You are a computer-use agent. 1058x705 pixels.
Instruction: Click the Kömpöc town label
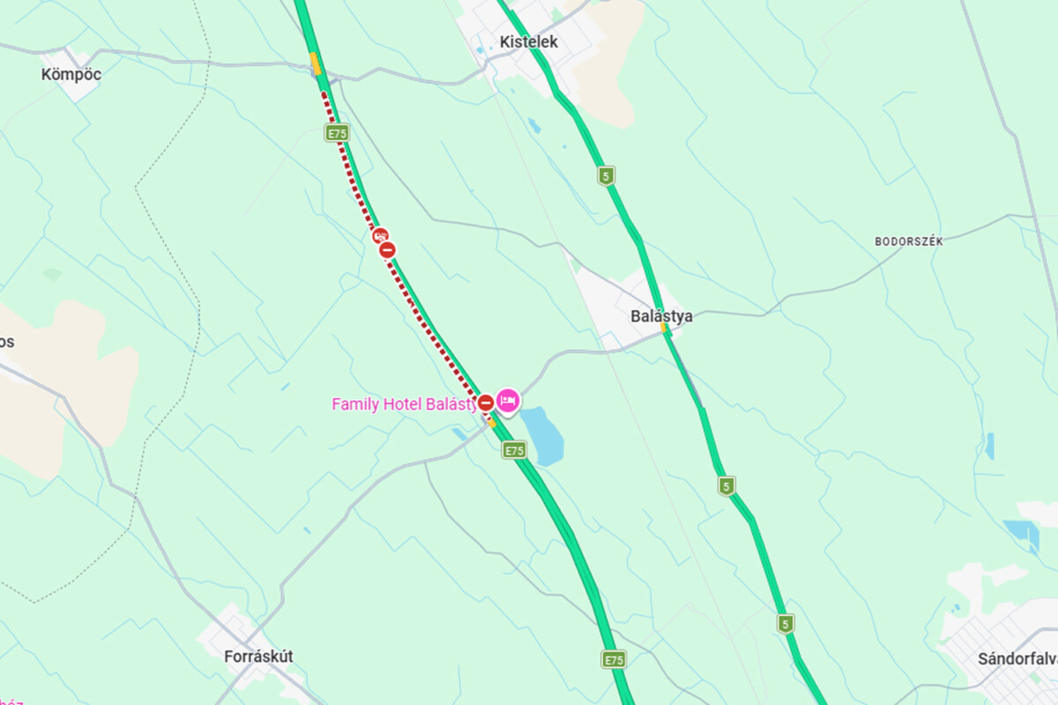[71, 75]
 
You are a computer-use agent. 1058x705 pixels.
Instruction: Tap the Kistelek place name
[528, 41]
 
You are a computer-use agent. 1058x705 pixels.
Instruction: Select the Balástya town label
[661, 315]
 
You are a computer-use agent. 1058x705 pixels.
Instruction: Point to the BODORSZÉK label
[908, 241]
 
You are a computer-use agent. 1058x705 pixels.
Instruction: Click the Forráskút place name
[258, 656]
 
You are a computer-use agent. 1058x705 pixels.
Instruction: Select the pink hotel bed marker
[508, 401]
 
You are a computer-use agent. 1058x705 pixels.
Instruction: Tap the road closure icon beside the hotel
[485, 403]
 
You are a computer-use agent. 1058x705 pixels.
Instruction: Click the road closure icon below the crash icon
[387, 250]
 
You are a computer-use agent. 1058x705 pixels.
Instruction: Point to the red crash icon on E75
[380, 235]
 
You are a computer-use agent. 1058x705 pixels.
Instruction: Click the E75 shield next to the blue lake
[514, 450]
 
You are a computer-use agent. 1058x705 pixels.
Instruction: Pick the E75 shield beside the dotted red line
[336, 133]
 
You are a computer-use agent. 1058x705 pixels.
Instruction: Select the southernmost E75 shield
[614, 658]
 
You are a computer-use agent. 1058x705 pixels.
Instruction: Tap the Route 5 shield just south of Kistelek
[606, 175]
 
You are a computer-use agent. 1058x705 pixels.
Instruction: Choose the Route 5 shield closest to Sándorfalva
[786, 624]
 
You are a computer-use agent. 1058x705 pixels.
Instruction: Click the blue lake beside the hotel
[541, 437]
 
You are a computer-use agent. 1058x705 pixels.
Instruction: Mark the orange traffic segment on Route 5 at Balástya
[665, 329]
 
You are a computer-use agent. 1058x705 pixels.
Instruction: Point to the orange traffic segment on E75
[315, 63]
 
